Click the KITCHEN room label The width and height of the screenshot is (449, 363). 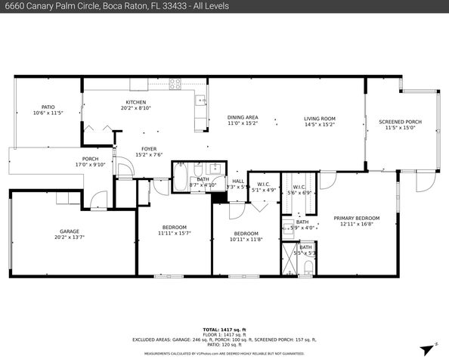[136, 102]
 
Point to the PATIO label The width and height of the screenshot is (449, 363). [48, 107]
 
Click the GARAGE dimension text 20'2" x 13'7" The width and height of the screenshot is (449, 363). [70, 237]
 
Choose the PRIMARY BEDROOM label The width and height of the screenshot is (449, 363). [357, 218]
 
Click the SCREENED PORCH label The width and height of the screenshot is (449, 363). [400, 122]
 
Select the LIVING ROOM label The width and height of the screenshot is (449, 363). [320, 118]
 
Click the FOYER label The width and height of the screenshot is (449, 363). [149, 149]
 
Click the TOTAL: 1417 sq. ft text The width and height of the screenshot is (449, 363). [224, 330]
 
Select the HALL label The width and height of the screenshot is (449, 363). [238, 181]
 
